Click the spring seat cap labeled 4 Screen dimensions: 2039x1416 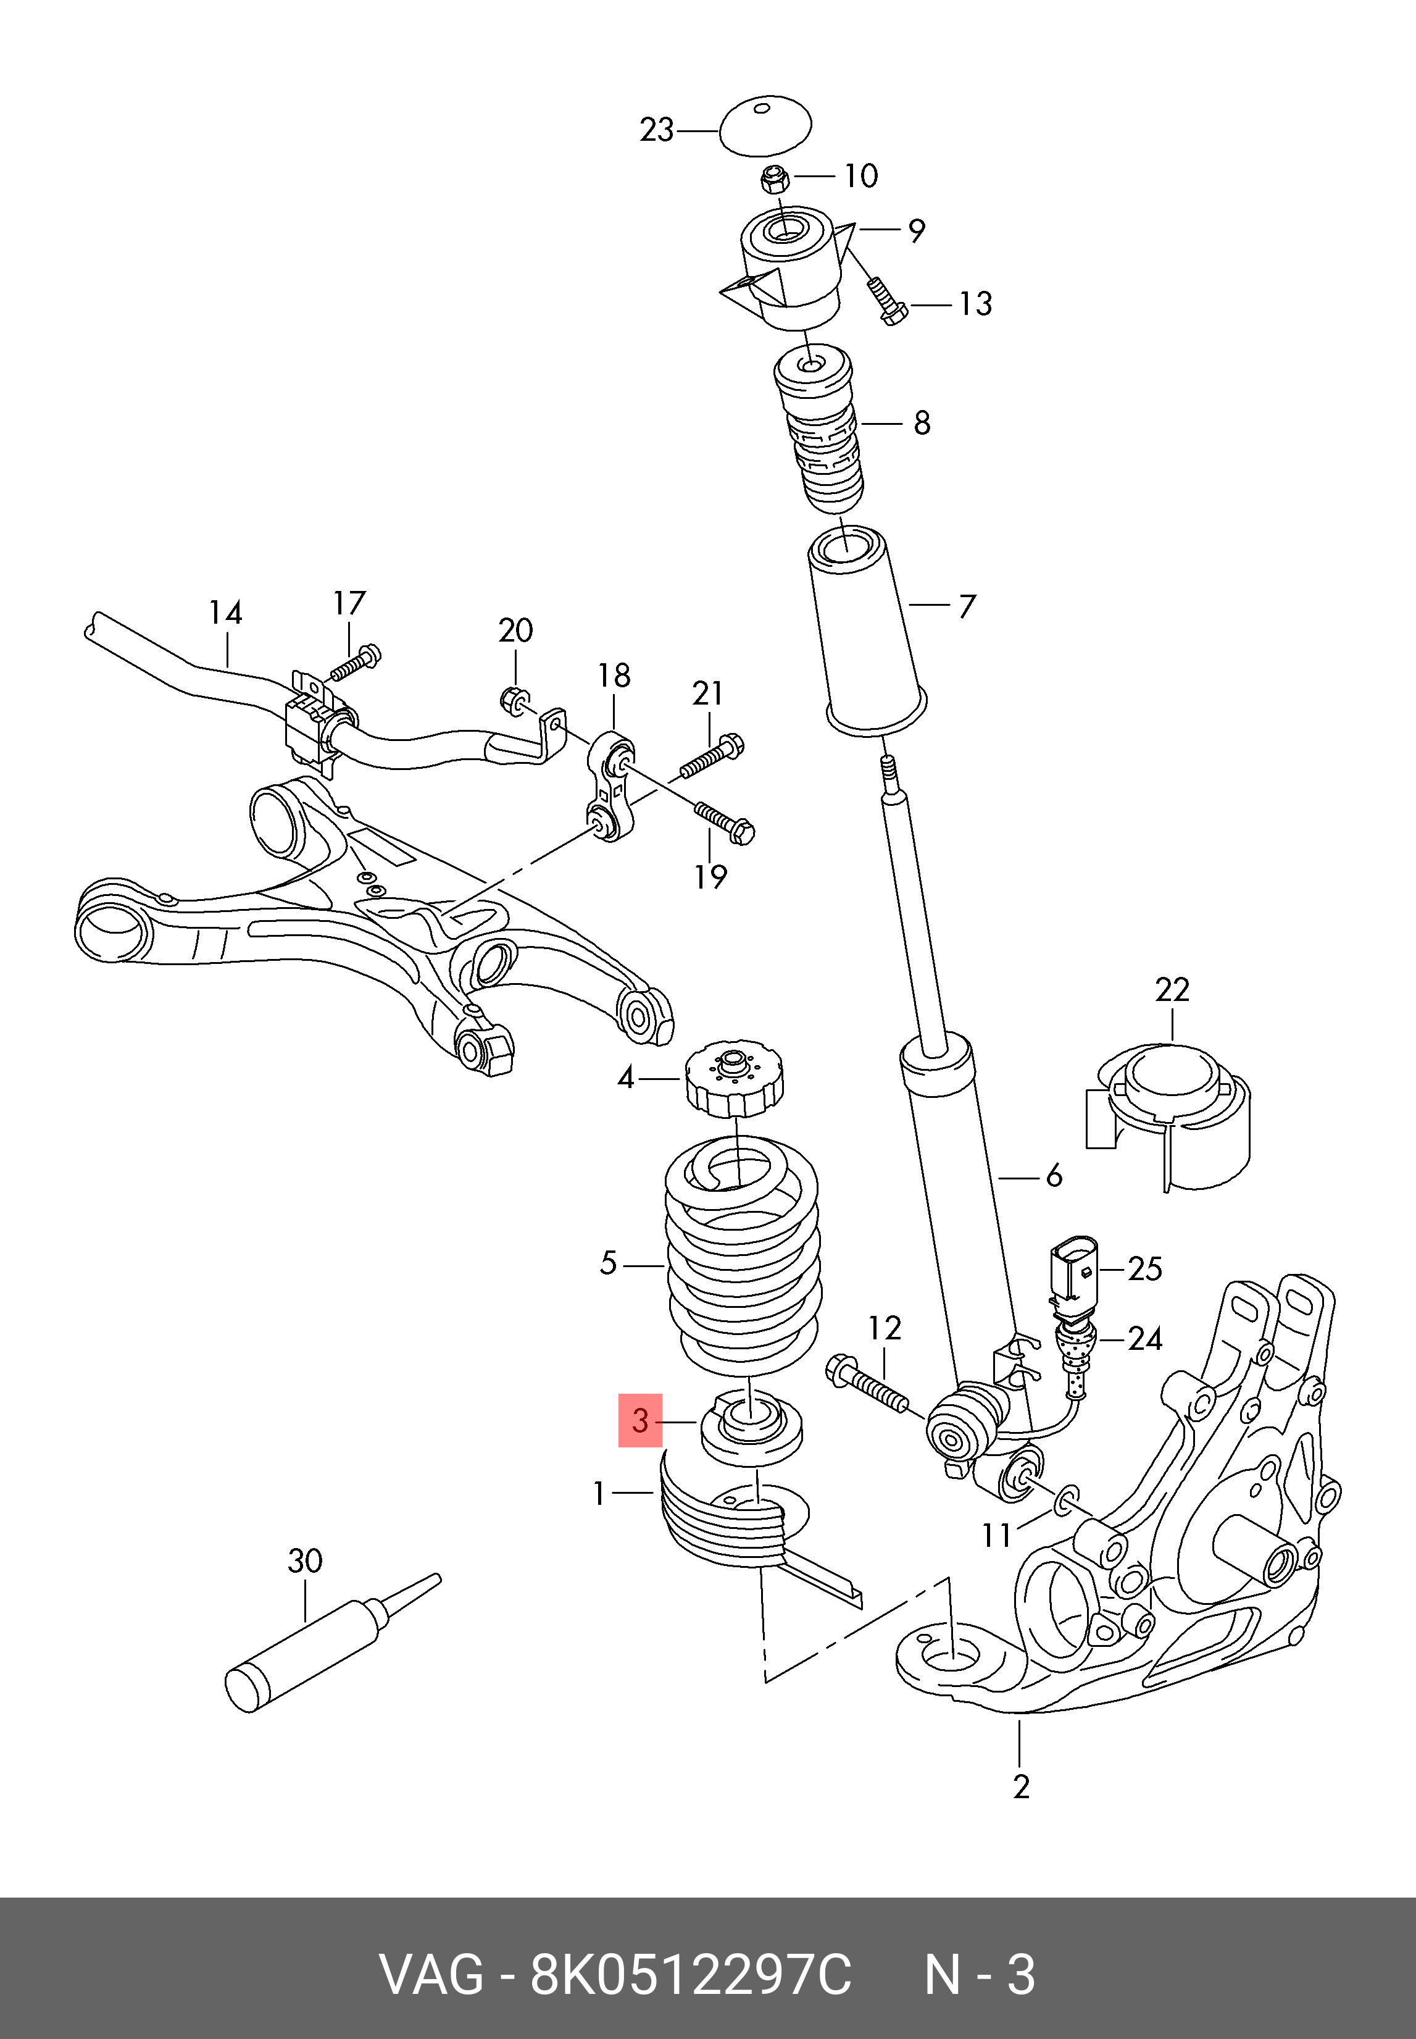[733, 1080]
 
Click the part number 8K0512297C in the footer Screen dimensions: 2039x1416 [690, 1975]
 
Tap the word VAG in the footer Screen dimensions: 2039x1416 [431, 1975]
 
